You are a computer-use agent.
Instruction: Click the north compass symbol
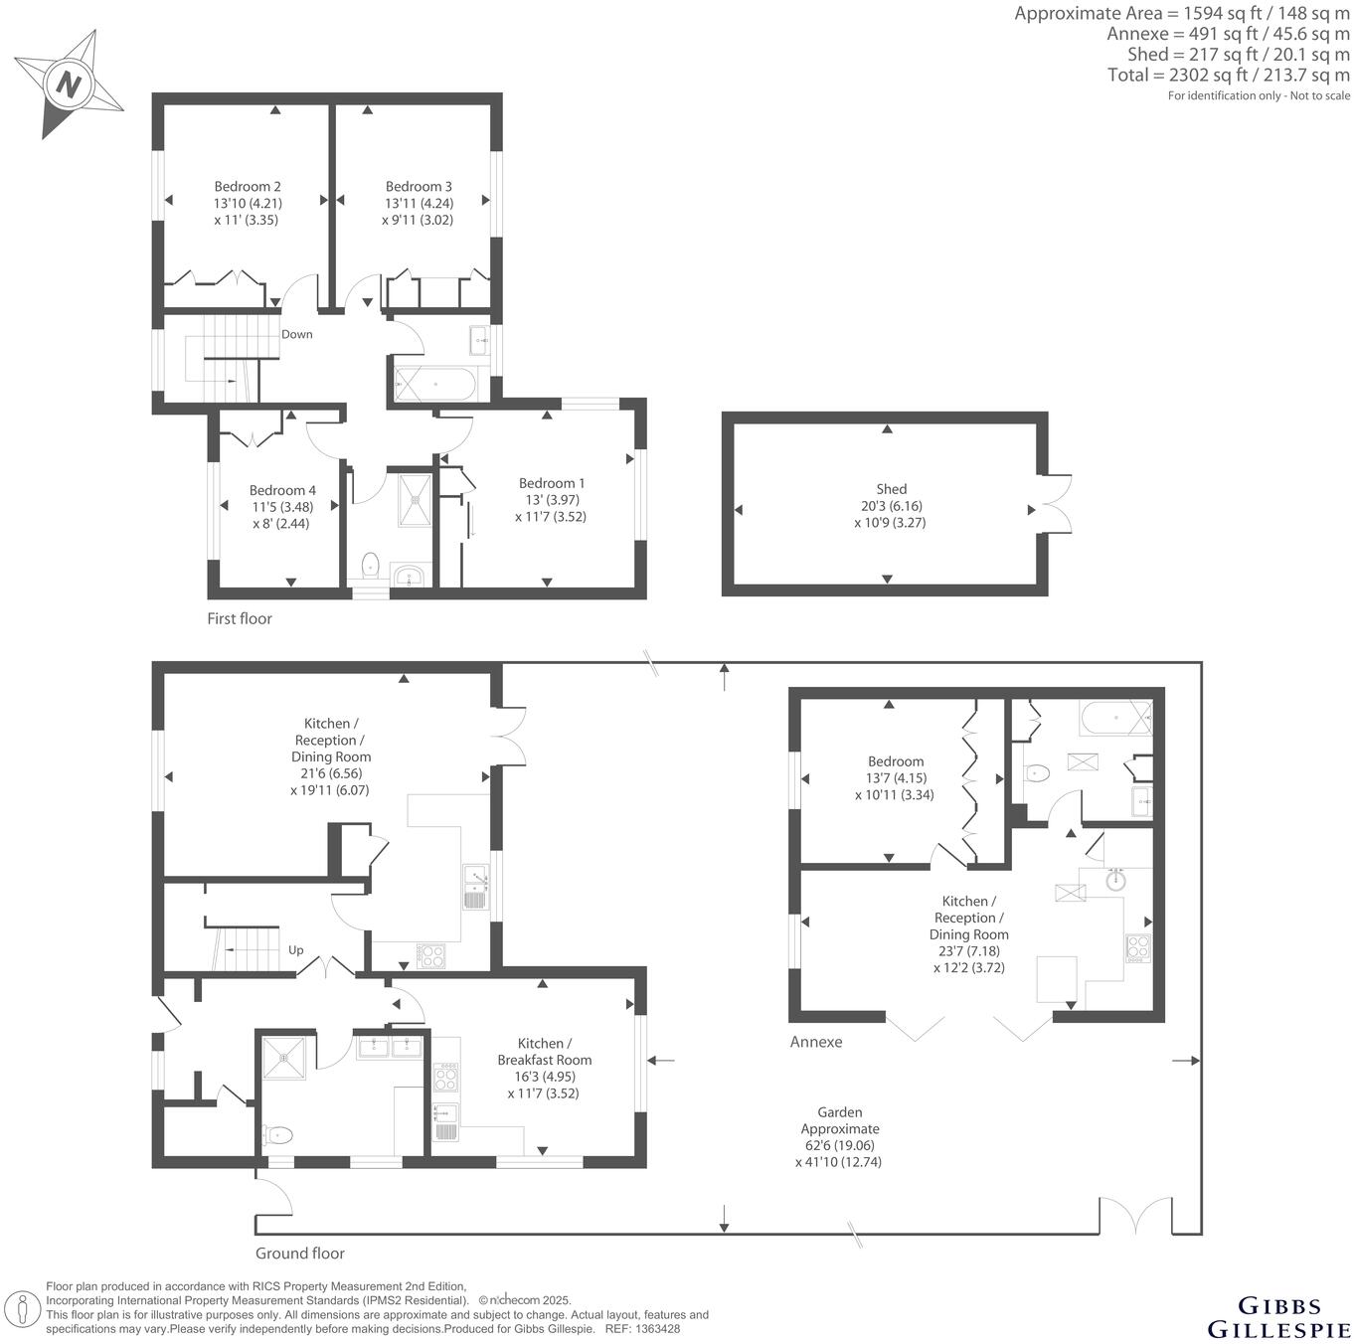[69, 84]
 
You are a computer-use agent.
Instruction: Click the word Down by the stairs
[296, 334]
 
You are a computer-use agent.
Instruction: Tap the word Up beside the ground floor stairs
[296, 949]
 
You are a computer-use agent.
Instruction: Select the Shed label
[891, 488]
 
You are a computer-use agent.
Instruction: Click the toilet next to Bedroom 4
[371, 565]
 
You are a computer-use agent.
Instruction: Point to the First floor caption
[240, 618]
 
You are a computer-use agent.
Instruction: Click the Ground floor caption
[300, 1254]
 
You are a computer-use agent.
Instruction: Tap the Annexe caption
[816, 1042]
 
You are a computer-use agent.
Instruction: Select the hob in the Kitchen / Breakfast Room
[445, 1078]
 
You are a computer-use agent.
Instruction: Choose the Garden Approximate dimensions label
[840, 1136]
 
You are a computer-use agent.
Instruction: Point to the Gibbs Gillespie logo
[1278, 1317]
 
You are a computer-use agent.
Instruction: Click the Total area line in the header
[1229, 75]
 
